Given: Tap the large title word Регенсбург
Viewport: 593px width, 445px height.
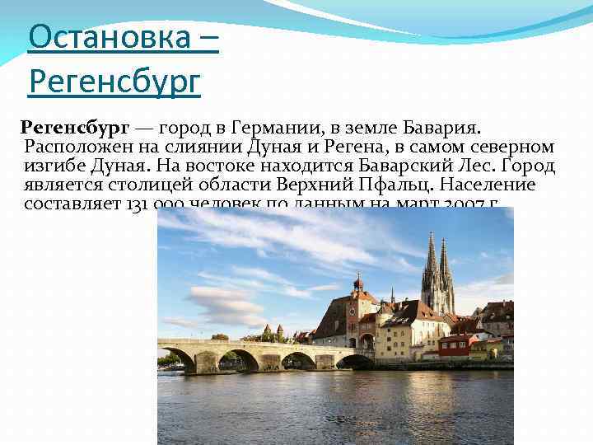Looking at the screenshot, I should pyautogui.click(x=114, y=82).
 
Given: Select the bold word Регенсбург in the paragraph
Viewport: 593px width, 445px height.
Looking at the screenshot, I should pyautogui.click(x=75, y=129).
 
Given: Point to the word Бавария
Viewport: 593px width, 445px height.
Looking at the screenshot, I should pyautogui.click(x=446, y=129).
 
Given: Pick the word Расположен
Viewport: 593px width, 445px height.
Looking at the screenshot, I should pyautogui.click(x=76, y=148).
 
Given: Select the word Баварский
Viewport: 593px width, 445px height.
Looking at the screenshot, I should pyautogui.click(x=403, y=166).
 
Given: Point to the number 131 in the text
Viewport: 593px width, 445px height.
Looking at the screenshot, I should pyautogui.click(x=137, y=204).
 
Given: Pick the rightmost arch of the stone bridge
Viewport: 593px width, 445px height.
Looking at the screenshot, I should pyautogui.click(x=354, y=361).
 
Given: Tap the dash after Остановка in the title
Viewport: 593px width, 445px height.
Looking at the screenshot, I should pyautogui.click(x=208, y=39).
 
